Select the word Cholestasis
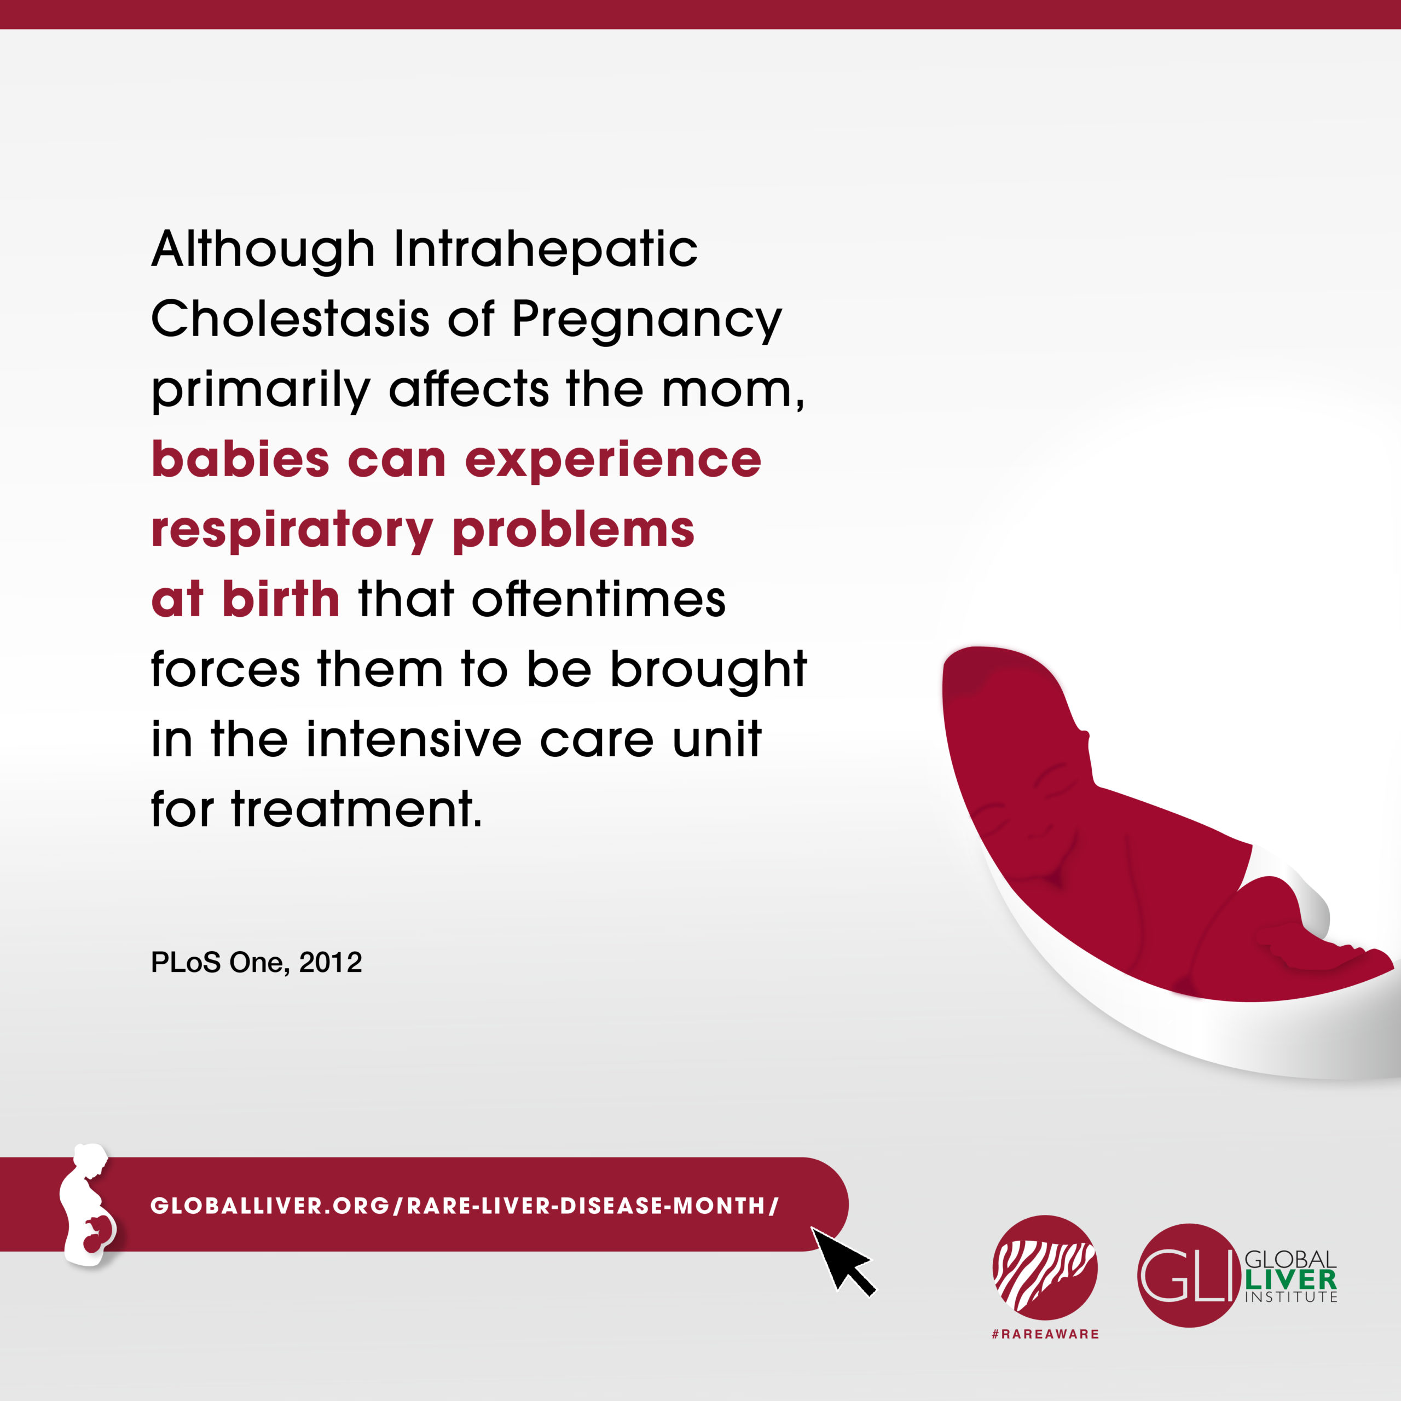(x=290, y=319)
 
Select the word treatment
(x=356, y=809)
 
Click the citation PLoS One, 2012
(x=256, y=962)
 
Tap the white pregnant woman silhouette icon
(x=87, y=1205)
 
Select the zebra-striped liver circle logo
(x=1045, y=1269)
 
